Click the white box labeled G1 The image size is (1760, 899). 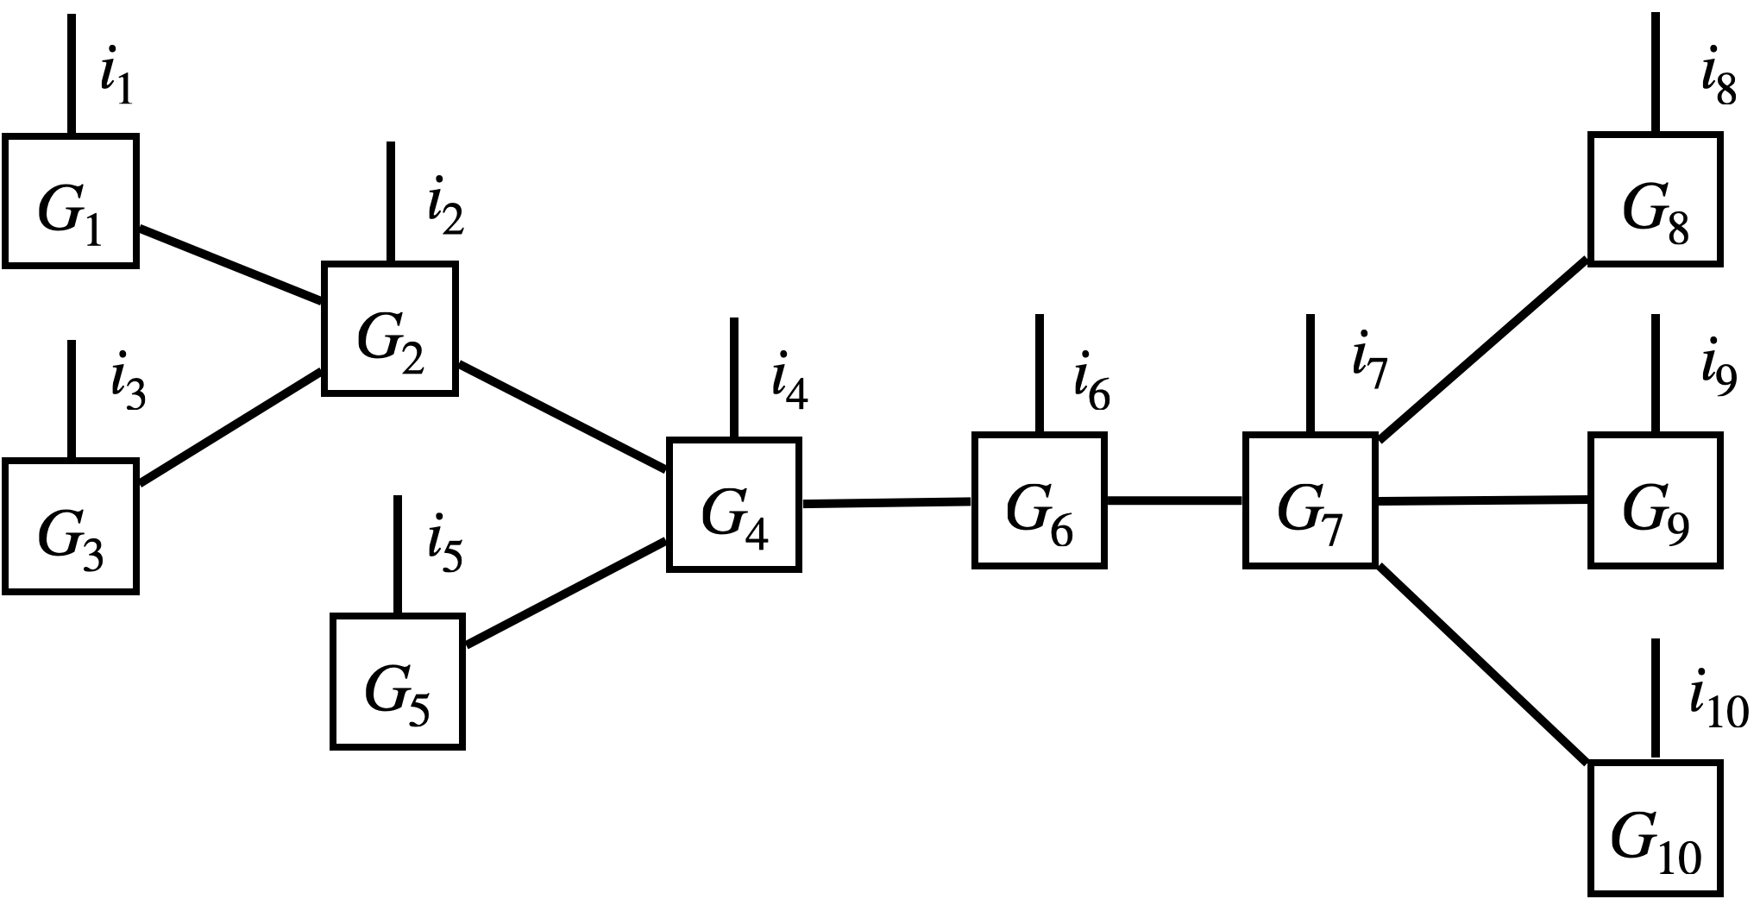(71, 200)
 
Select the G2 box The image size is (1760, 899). (390, 329)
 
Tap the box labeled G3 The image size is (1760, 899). (71, 526)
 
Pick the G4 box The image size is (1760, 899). (734, 505)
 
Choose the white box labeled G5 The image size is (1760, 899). (398, 682)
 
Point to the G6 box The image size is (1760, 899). (1040, 500)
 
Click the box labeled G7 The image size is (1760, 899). (1311, 500)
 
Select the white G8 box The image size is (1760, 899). (1656, 199)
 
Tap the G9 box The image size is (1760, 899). (1656, 500)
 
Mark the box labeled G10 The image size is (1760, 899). (1656, 828)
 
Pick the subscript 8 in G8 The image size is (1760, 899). (1677, 229)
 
